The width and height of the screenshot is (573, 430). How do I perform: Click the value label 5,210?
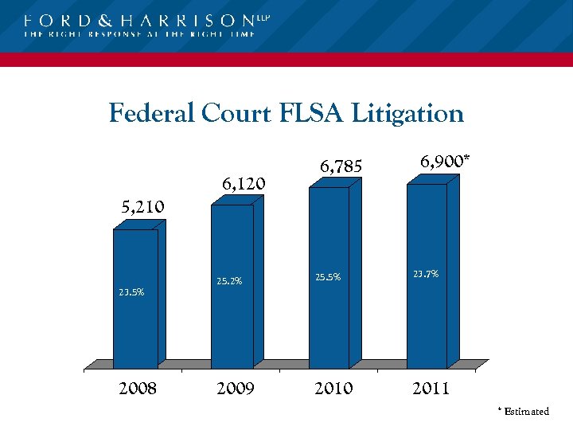point(142,207)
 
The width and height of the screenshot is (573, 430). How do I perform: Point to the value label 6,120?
point(244,185)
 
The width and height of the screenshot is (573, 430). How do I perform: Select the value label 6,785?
point(341,166)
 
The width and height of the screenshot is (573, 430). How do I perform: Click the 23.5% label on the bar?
point(131,292)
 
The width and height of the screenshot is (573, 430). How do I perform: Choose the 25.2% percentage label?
point(229,281)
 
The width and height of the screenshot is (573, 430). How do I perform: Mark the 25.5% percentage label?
point(328,278)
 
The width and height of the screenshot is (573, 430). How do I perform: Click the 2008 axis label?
point(137,389)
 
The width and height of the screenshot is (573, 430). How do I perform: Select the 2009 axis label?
point(235,389)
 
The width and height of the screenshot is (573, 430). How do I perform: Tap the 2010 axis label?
point(333,389)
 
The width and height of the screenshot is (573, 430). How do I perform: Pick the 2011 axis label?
point(431,389)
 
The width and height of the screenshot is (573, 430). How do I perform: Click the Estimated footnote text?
point(526,412)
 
